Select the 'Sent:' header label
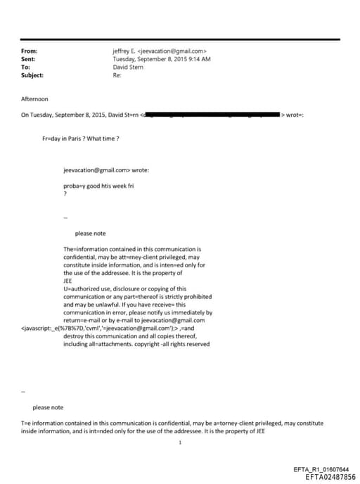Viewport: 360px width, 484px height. (29, 59)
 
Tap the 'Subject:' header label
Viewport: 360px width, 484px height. (32, 75)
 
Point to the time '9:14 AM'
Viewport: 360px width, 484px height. (200, 59)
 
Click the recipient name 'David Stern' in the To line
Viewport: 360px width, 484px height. (128, 68)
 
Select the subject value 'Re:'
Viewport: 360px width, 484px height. (117, 75)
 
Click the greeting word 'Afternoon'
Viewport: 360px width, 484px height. (35, 99)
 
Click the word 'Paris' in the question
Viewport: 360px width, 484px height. (73, 138)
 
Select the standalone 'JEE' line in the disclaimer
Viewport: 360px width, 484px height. (68, 281)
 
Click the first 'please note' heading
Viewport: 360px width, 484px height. (90, 234)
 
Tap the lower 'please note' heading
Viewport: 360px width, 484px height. (48, 407)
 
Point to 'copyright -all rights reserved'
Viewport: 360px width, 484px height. (172, 344)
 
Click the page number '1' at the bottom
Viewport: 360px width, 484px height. (181, 442)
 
